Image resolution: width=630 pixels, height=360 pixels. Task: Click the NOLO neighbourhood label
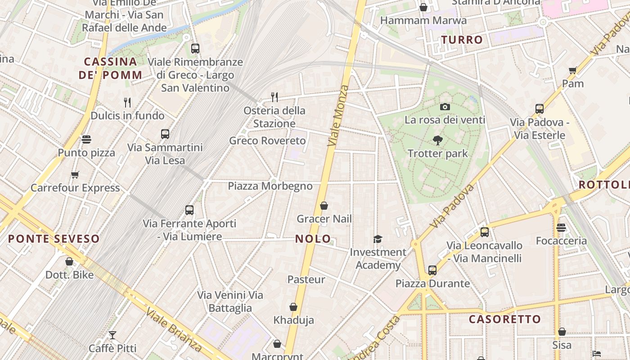pyautogui.click(x=313, y=239)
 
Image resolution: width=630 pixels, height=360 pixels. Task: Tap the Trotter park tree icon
pyautogui.click(x=437, y=140)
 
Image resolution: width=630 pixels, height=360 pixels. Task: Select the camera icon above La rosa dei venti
pyautogui.click(x=445, y=107)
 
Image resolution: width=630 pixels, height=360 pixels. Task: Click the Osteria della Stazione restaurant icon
pyautogui.click(x=274, y=97)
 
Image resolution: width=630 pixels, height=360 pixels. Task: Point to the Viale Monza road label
pyautogui.click(x=338, y=116)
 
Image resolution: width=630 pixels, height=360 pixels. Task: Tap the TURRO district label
pyautogui.click(x=462, y=40)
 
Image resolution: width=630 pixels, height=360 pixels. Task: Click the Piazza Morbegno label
pyautogui.click(x=270, y=186)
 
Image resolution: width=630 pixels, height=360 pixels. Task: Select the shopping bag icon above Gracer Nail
pyautogui.click(x=324, y=206)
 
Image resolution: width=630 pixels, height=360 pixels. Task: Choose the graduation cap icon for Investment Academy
pyautogui.click(x=378, y=239)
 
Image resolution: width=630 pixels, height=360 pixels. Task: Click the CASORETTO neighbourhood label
pyautogui.click(x=505, y=319)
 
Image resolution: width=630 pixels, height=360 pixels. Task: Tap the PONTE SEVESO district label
pyautogui.click(x=54, y=239)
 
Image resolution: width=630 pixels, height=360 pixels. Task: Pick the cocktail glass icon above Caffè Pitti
pyautogui.click(x=112, y=335)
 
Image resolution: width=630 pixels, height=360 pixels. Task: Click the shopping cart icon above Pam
pyautogui.click(x=572, y=70)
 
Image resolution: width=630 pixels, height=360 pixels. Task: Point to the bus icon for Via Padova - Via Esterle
pyautogui.click(x=540, y=109)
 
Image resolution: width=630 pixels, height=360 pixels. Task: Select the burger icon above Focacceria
pyautogui.click(x=561, y=228)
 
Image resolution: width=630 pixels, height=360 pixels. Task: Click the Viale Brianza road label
pyautogui.click(x=174, y=329)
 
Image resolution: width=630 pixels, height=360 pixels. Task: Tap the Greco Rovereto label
pyautogui.click(x=267, y=141)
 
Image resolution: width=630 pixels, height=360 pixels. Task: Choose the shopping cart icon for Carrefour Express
pyautogui.click(x=75, y=175)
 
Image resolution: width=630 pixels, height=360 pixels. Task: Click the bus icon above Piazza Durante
pyautogui.click(x=432, y=270)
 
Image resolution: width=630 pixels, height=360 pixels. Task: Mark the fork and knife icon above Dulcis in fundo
pyautogui.click(x=127, y=103)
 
